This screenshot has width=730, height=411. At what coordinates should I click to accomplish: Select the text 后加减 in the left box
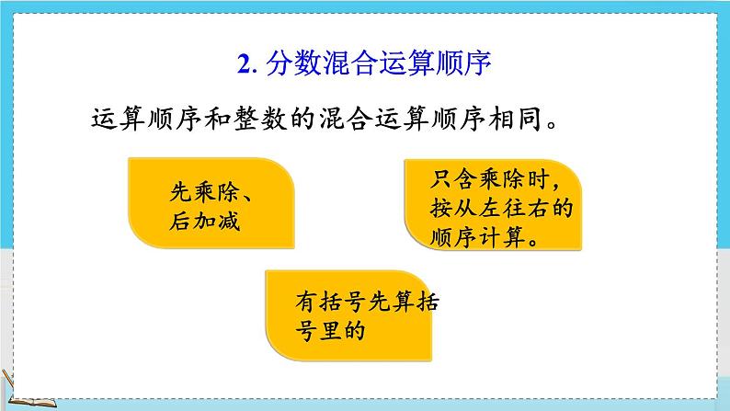tap(192, 222)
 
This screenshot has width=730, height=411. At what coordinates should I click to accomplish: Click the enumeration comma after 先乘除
tap(255, 196)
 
